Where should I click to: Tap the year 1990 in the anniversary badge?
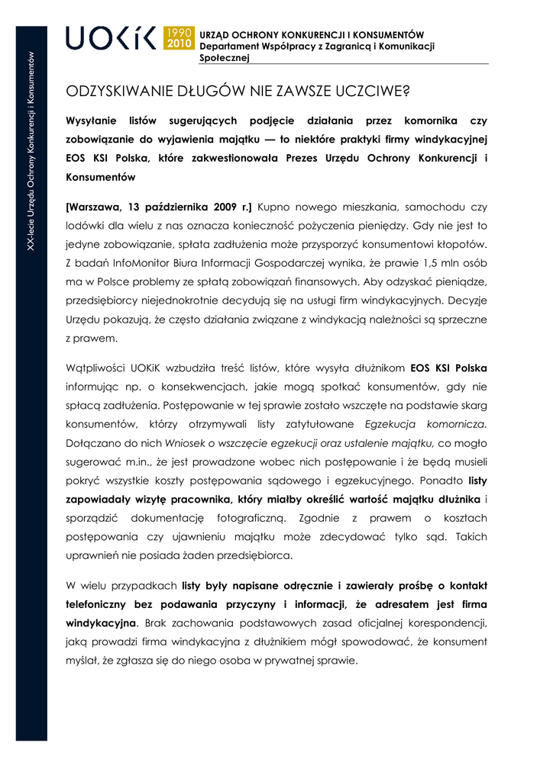(179, 32)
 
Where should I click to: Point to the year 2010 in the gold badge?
(179, 44)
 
